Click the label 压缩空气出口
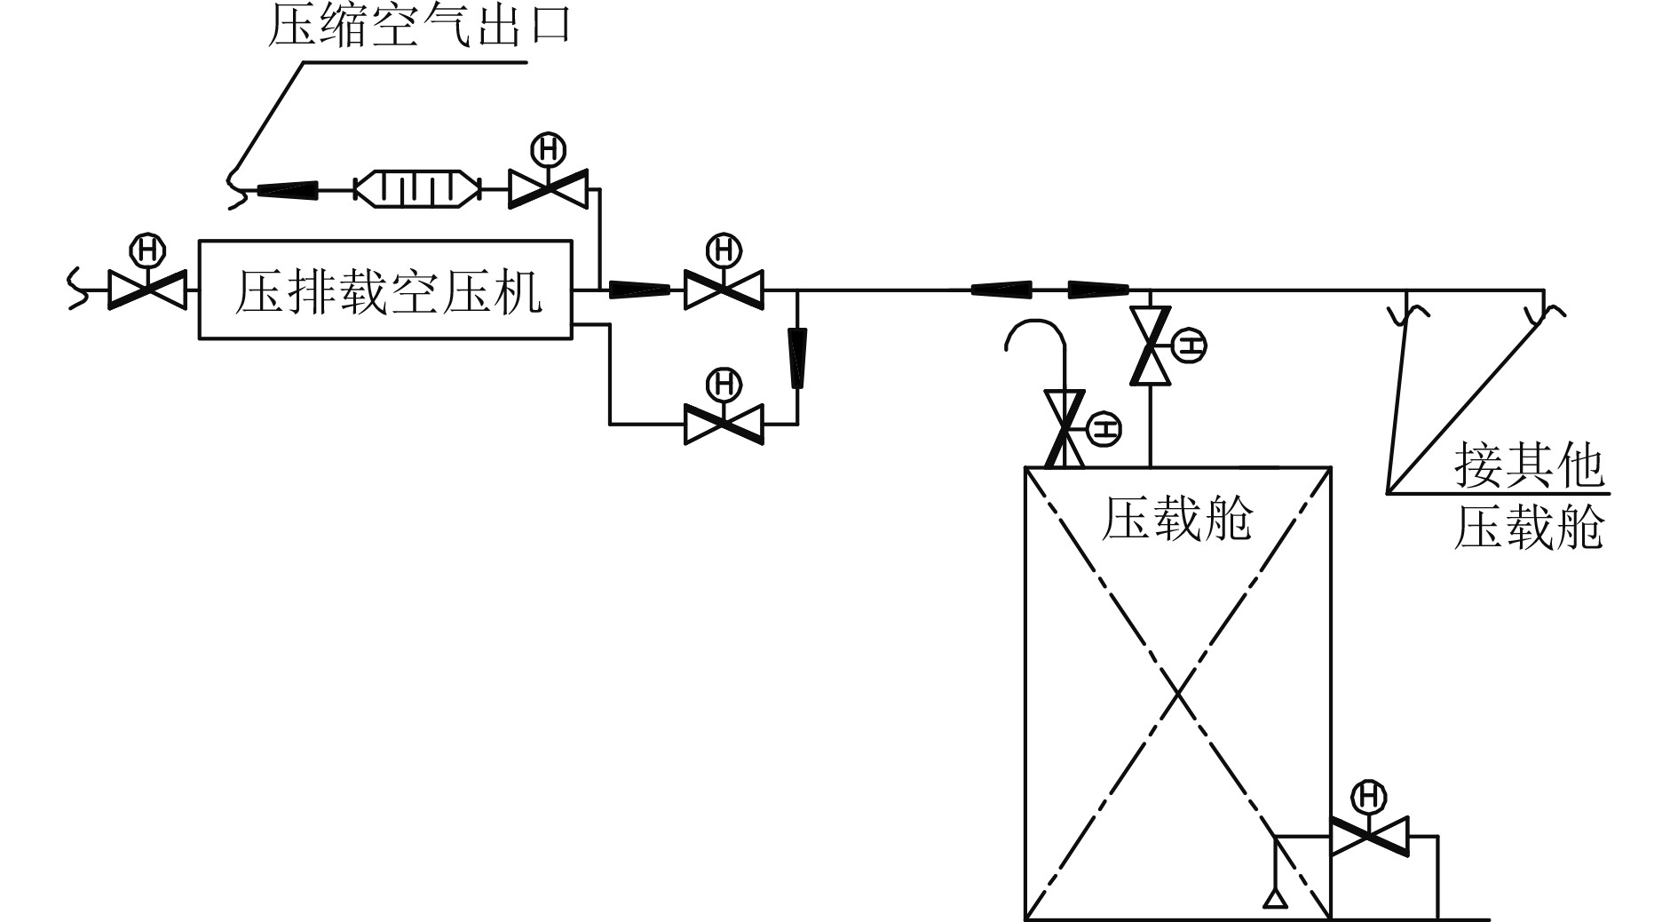coord(418,26)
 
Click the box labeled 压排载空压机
coord(384,289)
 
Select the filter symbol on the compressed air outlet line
coord(416,189)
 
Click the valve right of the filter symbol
coord(548,189)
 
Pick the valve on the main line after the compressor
coord(724,290)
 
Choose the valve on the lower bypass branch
coord(724,424)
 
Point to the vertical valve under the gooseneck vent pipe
coord(1065,428)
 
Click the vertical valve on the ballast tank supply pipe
coord(1151,346)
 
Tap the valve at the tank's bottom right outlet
coord(1369,836)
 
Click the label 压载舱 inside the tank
coord(1176,519)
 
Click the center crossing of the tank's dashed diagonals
coord(1177,694)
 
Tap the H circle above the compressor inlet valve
coord(146,250)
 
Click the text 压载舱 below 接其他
coord(1528,529)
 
